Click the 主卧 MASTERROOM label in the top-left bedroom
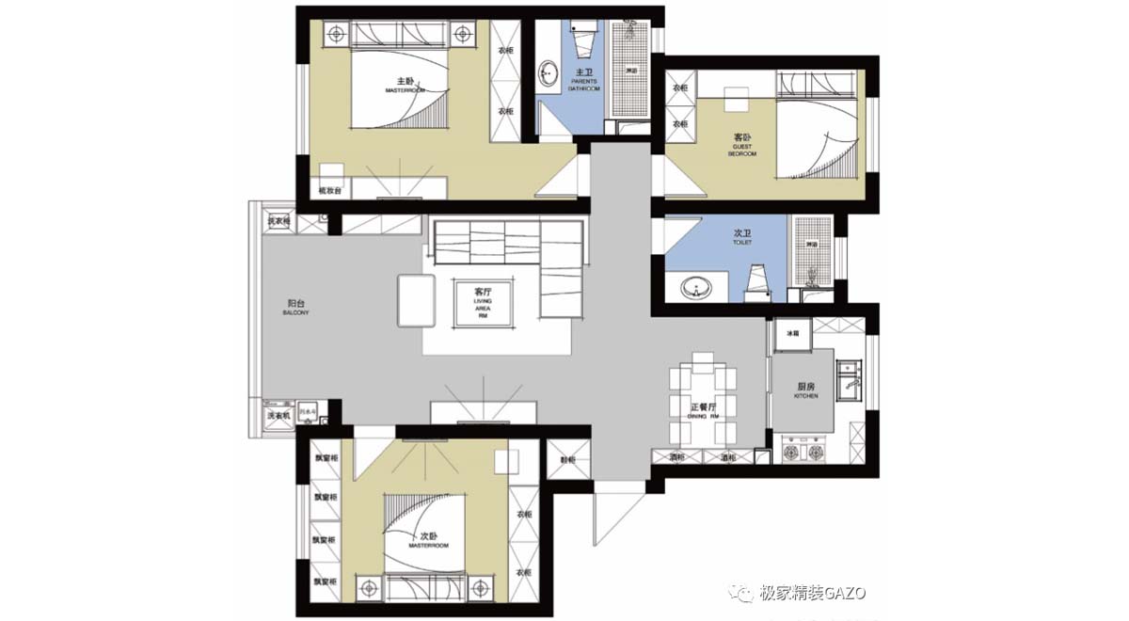pyautogui.click(x=405, y=85)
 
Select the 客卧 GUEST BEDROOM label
pyautogui.click(x=742, y=143)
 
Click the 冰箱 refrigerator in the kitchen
pyautogui.click(x=792, y=334)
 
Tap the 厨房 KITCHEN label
pyautogui.click(x=805, y=390)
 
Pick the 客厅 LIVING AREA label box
pyautogui.click(x=484, y=302)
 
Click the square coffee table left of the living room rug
pyautogui.click(x=411, y=298)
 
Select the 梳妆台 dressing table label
pyautogui.click(x=330, y=191)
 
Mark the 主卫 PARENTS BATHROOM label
pyautogui.click(x=583, y=79)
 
